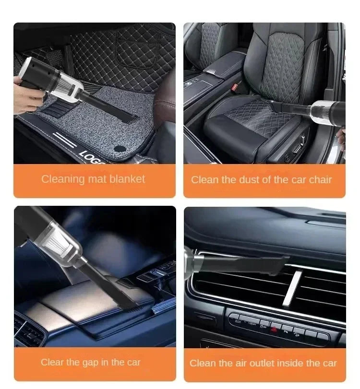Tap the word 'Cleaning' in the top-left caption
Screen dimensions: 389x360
[x=62, y=179]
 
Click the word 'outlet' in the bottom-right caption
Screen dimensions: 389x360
[x=272, y=363]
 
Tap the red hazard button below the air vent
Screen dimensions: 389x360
[x=274, y=330]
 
